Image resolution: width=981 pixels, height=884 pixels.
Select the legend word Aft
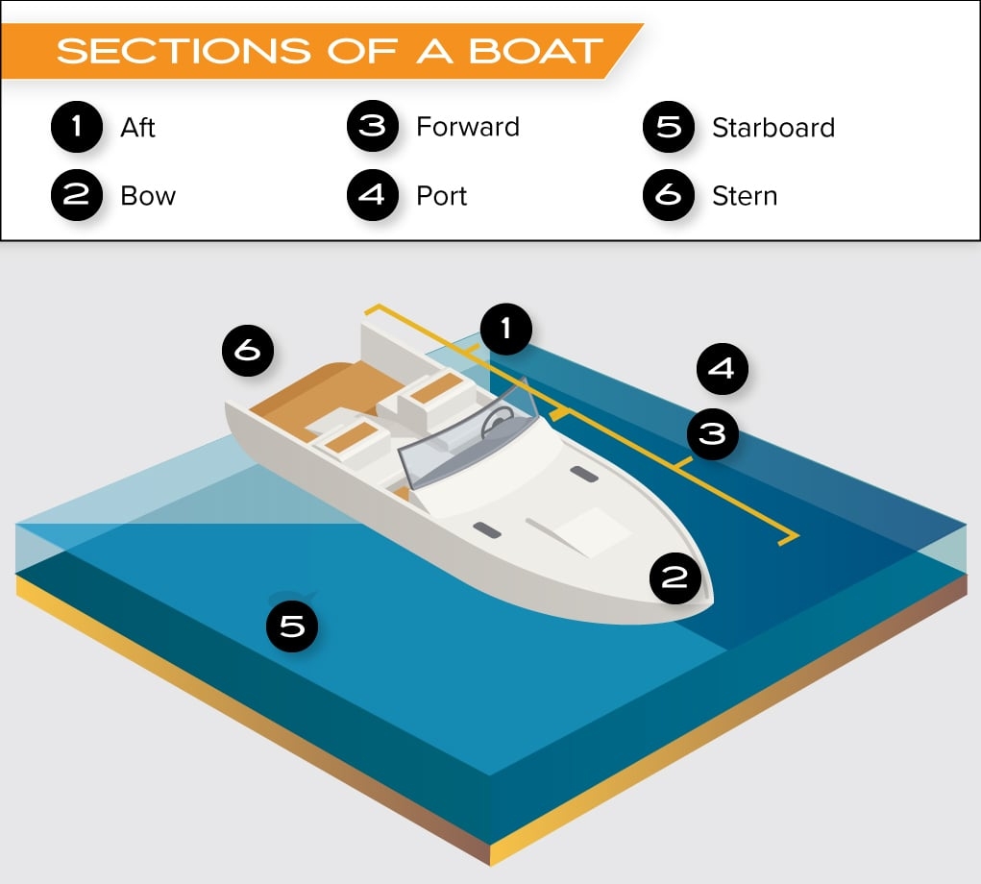click(x=137, y=128)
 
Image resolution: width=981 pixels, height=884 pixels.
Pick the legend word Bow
click(x=148, y=196)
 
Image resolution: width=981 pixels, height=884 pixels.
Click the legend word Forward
click(x=467, y=127)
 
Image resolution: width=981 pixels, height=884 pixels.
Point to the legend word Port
click(x=441, y=196)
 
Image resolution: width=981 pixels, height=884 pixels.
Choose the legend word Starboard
click(x=773, y=128)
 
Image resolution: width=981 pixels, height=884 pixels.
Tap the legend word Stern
click(x=744, y=196)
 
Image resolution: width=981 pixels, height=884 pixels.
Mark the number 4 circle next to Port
click(x=372, y=196)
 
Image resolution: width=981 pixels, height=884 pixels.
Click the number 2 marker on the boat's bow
click(x=674, y=577)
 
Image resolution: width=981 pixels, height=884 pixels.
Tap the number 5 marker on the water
click(x=292, y=626)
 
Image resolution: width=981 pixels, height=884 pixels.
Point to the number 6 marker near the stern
click(x=248, y=351)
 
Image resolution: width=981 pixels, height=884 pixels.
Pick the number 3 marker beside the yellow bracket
click(x=712, y=434)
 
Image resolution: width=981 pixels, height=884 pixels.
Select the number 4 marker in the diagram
click(x=723, y=368)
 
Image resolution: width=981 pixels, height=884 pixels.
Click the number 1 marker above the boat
click(x=506, y=330)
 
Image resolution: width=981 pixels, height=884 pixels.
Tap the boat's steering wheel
click(x=499, y=421)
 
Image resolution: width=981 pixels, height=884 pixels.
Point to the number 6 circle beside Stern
click(x=668, y=196)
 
